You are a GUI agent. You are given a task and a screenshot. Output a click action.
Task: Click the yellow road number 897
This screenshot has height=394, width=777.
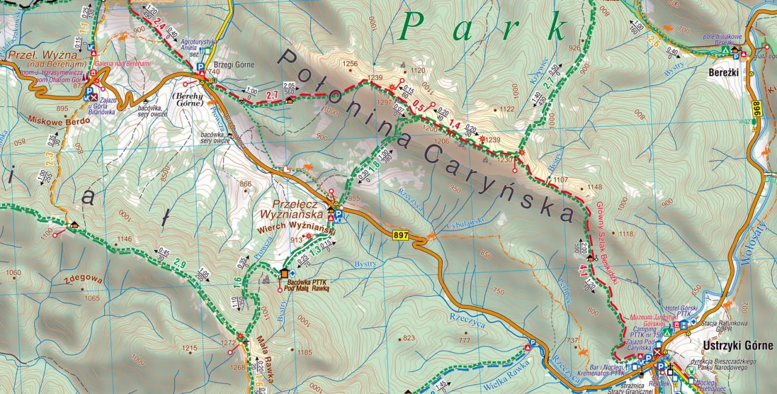click(401, 236)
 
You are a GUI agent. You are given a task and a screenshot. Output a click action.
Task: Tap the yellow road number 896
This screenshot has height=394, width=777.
click(756, 109)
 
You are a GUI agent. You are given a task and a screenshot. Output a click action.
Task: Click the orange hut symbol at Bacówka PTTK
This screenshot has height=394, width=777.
click(283, 274)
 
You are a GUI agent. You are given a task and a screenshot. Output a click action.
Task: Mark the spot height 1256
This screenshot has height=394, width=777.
click(350, 64)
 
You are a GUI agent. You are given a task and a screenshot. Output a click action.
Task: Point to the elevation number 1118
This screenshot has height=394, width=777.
click(625, 234)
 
